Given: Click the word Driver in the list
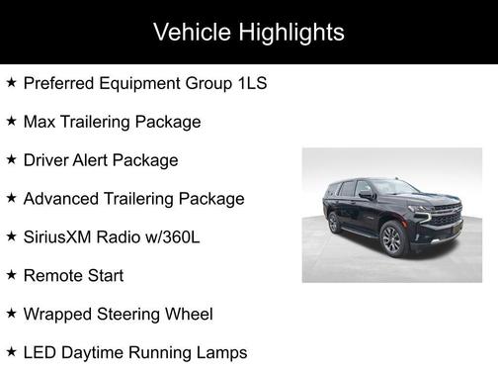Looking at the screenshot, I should point(47,160).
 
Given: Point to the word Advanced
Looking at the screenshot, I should point(62,199).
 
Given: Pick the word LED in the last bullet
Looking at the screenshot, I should point(40,353).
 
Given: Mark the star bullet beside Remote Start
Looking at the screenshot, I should point(11,276).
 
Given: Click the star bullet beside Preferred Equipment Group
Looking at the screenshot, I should point(11,83).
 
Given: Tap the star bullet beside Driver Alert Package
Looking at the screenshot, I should point(11,160).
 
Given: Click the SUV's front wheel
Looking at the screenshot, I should point(391,239).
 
